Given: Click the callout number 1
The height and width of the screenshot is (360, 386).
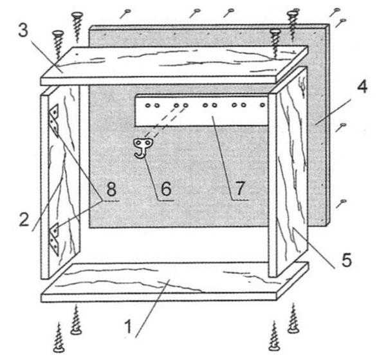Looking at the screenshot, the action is (128, 327).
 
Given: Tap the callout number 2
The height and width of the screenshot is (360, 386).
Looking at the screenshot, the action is (24, 219).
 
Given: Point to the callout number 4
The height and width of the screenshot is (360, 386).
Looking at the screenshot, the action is (362, 86).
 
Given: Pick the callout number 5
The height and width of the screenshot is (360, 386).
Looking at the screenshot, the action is (347, 260).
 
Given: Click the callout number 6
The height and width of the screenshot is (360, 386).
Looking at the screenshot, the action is (166, 189).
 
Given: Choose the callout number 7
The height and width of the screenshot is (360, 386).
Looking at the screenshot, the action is (240, 188).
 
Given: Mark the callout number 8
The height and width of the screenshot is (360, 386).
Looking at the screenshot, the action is (111, 190).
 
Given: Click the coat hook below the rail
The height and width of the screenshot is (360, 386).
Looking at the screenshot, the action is (143, 148).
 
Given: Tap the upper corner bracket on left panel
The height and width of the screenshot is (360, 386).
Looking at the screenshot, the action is (55, 120).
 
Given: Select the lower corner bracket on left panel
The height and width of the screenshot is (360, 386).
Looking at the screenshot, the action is (55, 239).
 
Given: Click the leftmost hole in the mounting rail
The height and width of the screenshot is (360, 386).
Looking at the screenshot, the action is (148, 105).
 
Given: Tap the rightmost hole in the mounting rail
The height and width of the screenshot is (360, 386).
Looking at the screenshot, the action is (262, 105).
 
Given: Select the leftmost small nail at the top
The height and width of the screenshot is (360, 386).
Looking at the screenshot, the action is (125, 14).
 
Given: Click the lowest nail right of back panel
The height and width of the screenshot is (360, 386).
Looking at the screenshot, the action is (341, 204).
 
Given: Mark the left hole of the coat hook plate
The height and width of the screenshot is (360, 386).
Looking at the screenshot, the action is (138, 143).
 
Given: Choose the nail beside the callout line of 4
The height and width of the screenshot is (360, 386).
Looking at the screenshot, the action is (341, 127).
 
